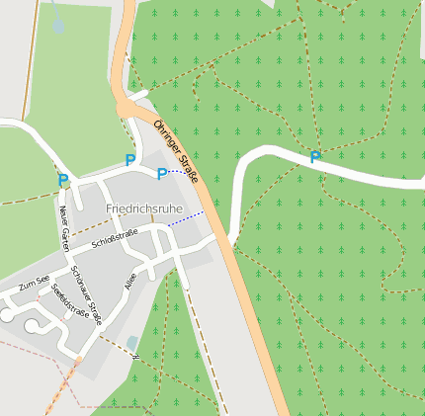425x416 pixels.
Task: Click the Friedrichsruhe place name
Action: point(144,209)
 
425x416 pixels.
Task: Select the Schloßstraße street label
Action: point(115,237)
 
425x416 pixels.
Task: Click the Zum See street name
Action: point(34,285)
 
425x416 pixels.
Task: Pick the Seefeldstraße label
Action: point(69,299)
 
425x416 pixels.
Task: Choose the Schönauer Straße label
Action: point(88,296)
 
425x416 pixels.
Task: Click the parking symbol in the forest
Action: point(315,157)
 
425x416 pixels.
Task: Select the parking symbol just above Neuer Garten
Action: point(63,181)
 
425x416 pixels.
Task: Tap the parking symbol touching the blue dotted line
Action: point(162,174)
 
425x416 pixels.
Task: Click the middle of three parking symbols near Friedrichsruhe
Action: point(130,159)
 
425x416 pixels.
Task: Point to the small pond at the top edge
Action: point(58,24)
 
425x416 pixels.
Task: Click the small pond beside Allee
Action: point(132,343)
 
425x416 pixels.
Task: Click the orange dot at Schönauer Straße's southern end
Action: point(78,360)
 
